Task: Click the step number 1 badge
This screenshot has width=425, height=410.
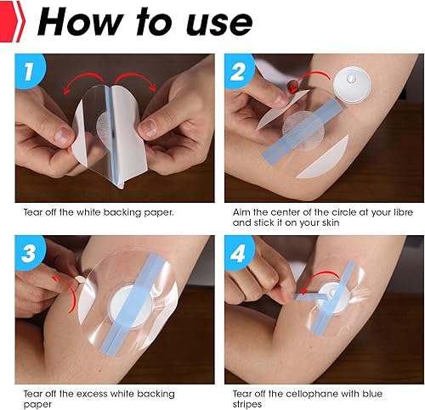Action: [32, 72]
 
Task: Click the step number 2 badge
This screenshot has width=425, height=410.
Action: [241, 72]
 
